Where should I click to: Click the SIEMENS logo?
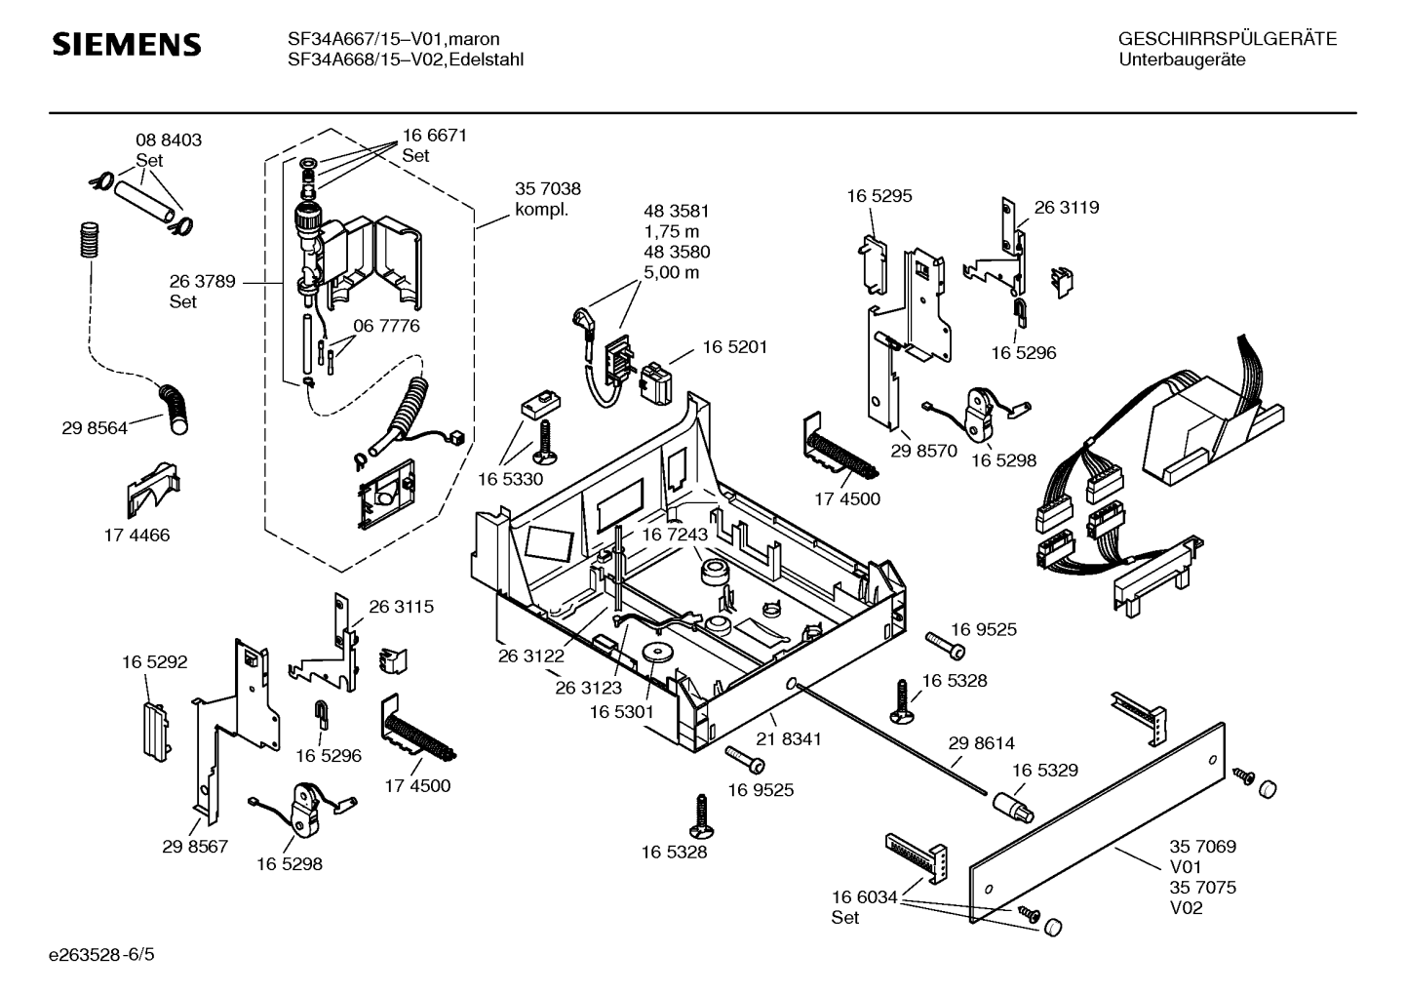point(126,45)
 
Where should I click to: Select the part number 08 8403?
point(169,140)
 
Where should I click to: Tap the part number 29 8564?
point(95,427)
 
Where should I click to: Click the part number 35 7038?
point(548,189)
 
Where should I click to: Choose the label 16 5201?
point(735,347)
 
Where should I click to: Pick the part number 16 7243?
point(675,535)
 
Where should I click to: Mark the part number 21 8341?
point(789,739)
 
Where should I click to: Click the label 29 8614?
point(982,743)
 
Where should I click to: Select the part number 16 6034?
point(864,897)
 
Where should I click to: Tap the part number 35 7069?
point(1203,847)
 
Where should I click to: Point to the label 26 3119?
point(1067,207)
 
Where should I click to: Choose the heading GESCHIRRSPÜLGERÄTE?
point(1228,39)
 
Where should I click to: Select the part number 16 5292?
point(154,661)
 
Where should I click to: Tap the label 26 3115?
point(401,607)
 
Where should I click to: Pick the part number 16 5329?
point(1045,770)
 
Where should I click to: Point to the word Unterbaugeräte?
point(1183,60)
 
